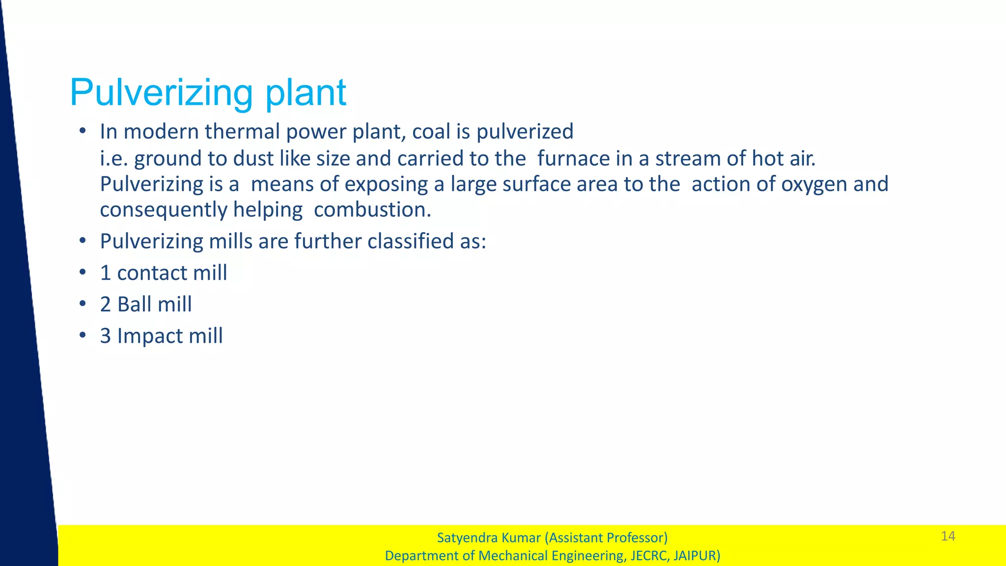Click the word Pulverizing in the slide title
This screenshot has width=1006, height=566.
pos(161,92)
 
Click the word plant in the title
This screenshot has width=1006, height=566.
pos(306,92)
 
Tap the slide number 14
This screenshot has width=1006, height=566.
pos(948,536)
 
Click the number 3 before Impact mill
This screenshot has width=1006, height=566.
pos(105,336)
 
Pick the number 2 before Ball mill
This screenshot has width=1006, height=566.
pos(105,304)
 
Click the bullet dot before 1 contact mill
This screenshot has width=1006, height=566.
pos(83,272)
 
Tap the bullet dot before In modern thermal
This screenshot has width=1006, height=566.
pos(83,131)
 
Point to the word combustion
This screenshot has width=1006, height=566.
pos(372,210)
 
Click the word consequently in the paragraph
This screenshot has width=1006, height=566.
pos(164,210)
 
